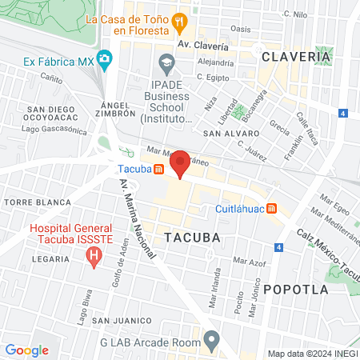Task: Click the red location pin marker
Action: pyautogui.click(x=180, y=162)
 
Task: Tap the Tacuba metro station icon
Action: pyautogui.click(x=159, y=170)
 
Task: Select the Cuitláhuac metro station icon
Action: pyautogui.click(x=272, y=209)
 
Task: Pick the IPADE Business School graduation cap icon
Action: pyautogui.click(x=166, y=62)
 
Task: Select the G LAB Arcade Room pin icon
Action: pyautogui.click(x=211, y=341)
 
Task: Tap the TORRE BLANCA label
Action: pyautogui.click(x=27, y=203)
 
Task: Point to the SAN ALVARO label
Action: pyautogui.click(x=227, y=134)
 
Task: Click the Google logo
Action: pyautogui.click(x=26, y=350)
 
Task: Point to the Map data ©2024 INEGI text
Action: pyautogui.click(x=312, y=354)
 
